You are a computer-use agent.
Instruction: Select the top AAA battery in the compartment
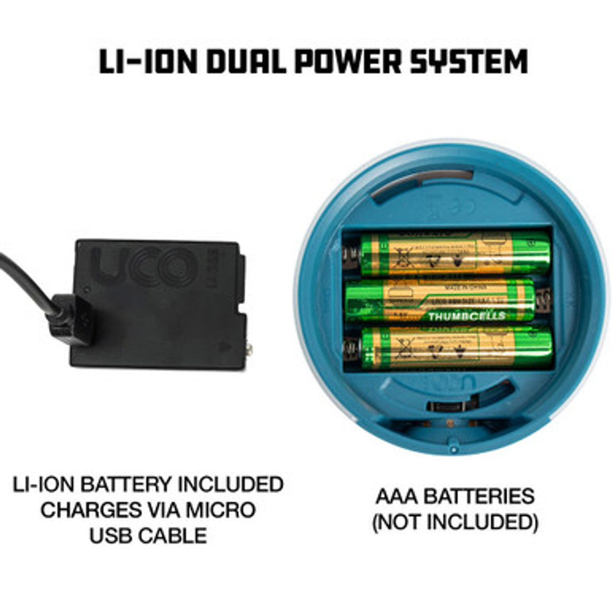click(x=453, y=254)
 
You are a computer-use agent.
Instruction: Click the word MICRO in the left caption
click(x=220, y=510)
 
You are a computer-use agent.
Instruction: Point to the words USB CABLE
click(x=148, y=535)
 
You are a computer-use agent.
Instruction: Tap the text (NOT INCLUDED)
click(x=455, y=522)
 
